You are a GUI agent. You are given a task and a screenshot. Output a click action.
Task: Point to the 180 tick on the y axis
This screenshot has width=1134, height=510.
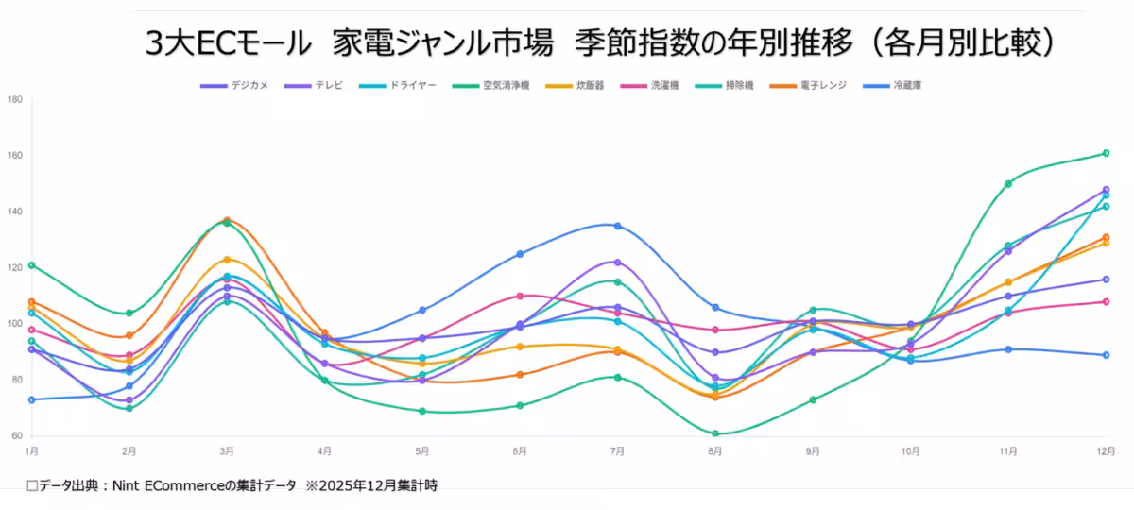tap(15, 99)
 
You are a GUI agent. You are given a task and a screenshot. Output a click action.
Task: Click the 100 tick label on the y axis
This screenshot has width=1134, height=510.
tap(15, 324)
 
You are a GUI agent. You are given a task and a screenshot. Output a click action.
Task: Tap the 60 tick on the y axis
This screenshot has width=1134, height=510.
tap(17, 436)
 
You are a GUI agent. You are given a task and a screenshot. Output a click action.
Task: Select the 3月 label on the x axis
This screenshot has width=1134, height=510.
tap(227, 451)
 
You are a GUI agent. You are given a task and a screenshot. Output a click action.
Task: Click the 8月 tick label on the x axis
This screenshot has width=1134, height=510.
tap(714, 451)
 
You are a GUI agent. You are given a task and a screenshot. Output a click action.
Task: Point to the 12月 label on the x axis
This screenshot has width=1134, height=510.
tap(1102, 451)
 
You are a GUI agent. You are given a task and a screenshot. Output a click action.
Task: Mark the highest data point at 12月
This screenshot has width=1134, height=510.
tap(1106, 153)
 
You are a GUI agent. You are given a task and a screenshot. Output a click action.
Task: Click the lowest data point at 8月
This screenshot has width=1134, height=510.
tap(715, 433)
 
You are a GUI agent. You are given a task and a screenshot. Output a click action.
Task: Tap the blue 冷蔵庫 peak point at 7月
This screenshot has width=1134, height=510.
tap(617, 226)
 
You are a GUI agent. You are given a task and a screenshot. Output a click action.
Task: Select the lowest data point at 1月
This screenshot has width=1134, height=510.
tap(32, 399)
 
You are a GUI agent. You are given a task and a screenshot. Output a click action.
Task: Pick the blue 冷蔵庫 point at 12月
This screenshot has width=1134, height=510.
tap(1106, 355)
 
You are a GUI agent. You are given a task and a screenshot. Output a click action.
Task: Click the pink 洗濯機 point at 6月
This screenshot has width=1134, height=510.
tap(520, 296)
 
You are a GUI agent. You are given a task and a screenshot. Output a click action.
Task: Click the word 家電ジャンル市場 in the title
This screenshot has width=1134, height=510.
tap(442, 42)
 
